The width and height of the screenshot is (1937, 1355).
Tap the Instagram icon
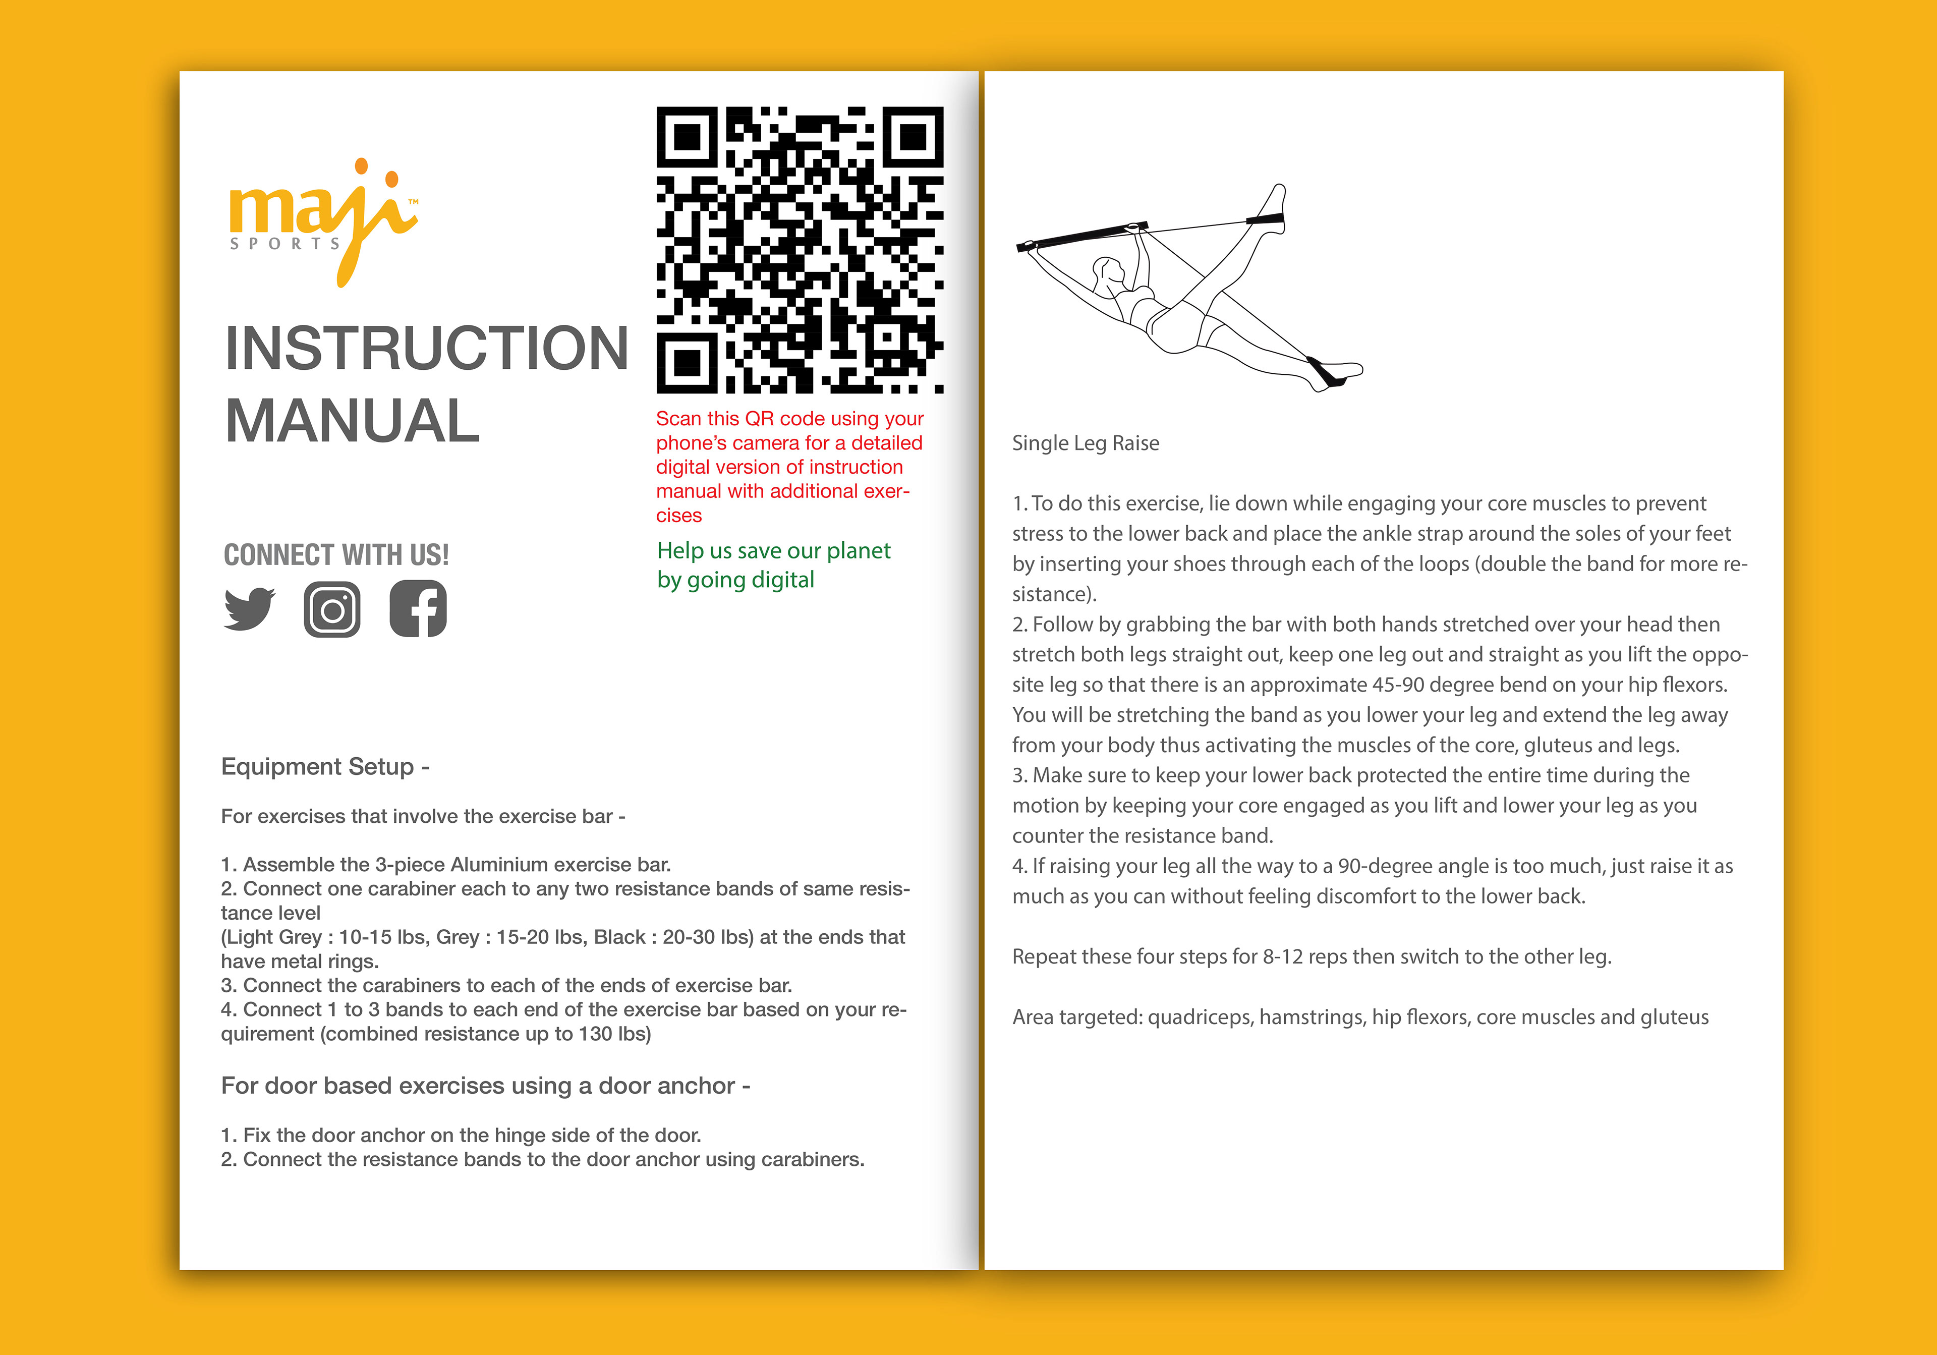[332, 609]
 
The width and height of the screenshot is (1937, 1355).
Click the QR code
[800, 250]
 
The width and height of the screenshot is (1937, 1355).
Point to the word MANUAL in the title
[353, 421]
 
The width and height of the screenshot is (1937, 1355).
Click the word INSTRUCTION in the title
[427, 349]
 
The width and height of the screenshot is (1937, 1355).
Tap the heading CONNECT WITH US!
[336, 555]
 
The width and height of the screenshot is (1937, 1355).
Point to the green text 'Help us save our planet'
[774, 551]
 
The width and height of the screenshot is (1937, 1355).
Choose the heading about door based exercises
[485, 1086]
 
